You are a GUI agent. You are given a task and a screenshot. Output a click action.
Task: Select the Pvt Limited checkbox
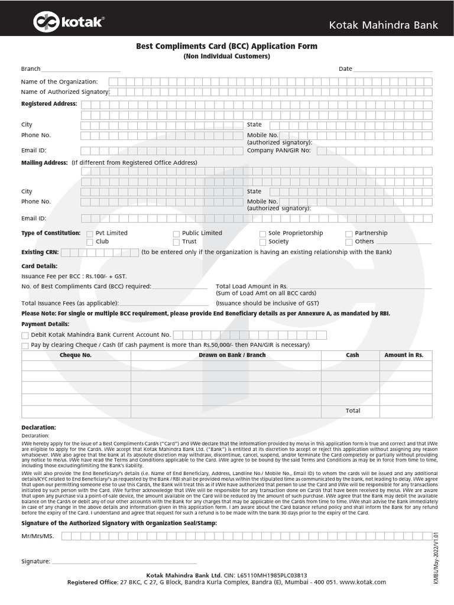click(90, 233)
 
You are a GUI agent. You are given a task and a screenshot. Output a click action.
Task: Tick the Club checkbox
click(90, 242)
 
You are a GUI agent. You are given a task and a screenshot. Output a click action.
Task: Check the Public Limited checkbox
click(176, 233)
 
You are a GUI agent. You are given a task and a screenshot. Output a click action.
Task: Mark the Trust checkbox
click(176, 242)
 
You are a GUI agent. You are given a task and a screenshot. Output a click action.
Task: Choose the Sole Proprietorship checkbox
click(262, 233)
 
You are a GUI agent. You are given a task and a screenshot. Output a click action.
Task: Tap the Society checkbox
click(262, 242)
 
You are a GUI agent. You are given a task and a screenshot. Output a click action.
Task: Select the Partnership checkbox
click(349, 233)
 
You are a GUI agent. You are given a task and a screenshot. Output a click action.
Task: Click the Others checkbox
click(349, 242)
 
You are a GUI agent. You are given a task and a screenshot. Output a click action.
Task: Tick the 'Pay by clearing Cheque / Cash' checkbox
click(25, 346)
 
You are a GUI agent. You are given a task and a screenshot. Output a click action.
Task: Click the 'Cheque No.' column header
click(76, 356)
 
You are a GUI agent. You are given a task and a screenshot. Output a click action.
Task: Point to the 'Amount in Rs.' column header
click(404, 356)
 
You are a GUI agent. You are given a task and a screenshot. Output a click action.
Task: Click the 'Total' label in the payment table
click(352, 411)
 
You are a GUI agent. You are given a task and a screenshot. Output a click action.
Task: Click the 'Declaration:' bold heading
click(38, 427)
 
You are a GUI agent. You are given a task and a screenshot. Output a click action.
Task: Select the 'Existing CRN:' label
click(41, 252)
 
